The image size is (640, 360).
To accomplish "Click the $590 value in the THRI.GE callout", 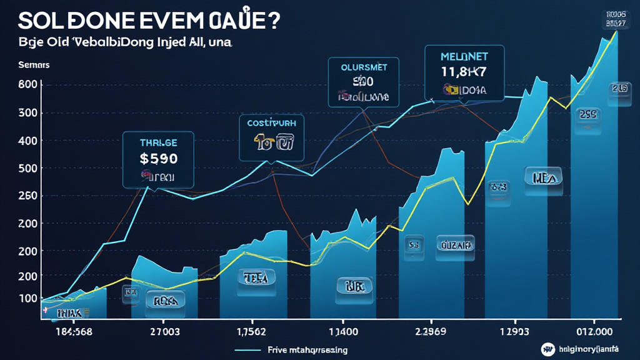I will click(x=158, y=159).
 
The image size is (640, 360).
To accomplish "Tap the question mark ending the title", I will click(x=272, y=19).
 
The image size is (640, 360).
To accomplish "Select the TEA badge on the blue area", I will click(x=255, y=277).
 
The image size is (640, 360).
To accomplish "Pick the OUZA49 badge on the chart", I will click(x=455, y=246).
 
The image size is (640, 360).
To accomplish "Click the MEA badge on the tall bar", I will click(x=543, y=177).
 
